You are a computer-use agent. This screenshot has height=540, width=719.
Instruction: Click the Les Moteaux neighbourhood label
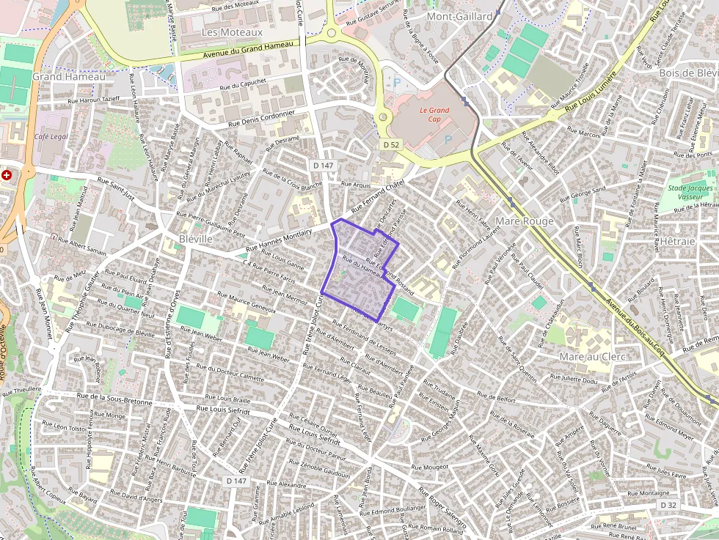(x=231, y=32)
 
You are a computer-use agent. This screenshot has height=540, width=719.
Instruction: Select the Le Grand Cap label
(x=434, y=114)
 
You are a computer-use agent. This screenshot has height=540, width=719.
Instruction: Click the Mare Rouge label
(x=525, y=221)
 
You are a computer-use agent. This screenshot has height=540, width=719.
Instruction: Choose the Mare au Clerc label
(x=592, y=357)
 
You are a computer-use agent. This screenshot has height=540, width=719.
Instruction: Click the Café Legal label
(x=51, y=137)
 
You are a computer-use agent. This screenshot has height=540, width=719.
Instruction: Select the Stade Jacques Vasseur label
(x=690, y=193)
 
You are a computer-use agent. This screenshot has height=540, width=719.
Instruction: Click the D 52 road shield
(x=391, y=145)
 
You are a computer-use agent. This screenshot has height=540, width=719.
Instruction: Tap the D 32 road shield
(x=667, y=506)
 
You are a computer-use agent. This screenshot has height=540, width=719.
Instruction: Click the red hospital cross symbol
(x=7, y=176)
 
